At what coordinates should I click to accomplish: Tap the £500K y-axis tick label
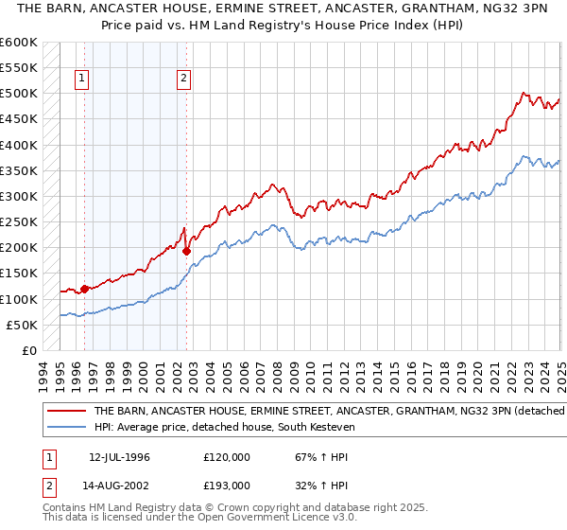(x=21, y=94)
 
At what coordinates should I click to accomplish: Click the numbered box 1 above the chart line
(x=82, y=79)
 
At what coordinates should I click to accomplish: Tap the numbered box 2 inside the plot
(x=183, y=79)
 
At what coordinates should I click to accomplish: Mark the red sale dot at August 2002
(x=187, y=251)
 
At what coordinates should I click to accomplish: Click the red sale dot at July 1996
(x=84, y=289)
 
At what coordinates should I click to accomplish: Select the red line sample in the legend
(x=67, y=411)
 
